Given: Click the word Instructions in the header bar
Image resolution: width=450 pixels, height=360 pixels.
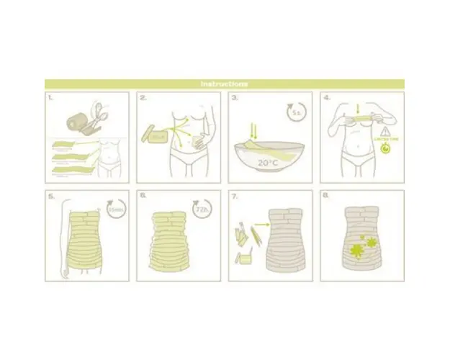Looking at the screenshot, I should [225, 84].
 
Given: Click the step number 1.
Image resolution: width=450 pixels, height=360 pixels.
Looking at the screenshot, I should [50, 96].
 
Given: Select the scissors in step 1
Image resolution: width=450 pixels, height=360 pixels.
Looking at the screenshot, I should [95, 114].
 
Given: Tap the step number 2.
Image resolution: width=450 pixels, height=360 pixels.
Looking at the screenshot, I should [143, 96].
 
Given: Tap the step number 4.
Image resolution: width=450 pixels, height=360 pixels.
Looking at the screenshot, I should [325, 96].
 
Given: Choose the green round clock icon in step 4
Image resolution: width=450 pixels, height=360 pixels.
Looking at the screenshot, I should [385, 150].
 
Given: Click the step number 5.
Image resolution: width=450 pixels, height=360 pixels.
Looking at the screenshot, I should [50, 195].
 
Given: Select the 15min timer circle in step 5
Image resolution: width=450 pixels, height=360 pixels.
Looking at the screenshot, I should [115, 210].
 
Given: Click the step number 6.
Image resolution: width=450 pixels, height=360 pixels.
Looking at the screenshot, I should [143, 195].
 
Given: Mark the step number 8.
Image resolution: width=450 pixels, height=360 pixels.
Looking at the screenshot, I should [325, 195].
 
